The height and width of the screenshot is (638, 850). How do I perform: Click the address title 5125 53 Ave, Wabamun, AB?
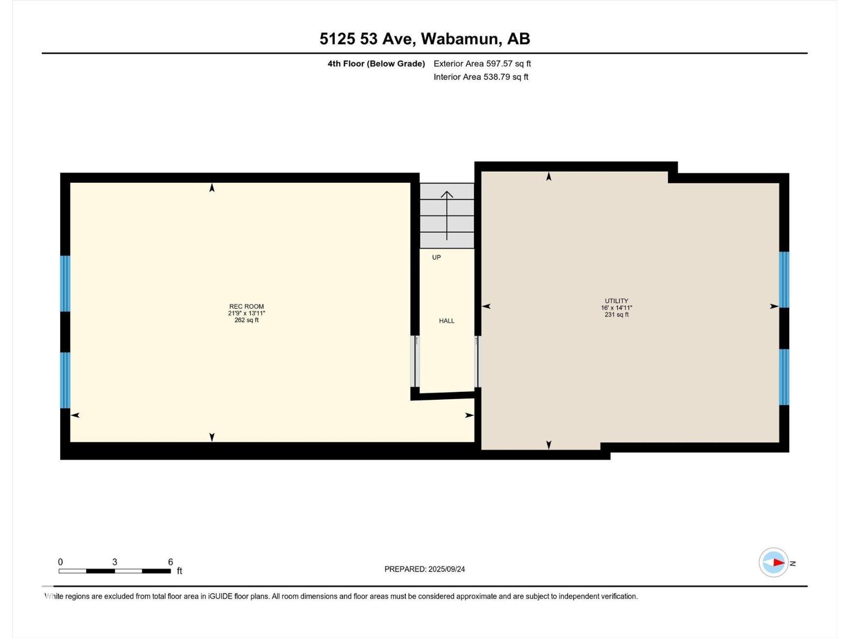point(424,39)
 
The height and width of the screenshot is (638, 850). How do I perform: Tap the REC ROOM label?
point(246,306)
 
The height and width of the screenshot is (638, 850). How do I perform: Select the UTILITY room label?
point(616,301)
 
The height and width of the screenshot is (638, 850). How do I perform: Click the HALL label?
point(446,321)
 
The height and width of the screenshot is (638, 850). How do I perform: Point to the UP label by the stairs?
point(437,257)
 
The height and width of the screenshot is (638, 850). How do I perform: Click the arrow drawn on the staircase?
point(447,215)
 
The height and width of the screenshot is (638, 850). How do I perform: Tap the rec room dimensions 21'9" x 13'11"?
point(246,313)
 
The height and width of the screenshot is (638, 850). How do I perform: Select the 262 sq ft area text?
point(246,321)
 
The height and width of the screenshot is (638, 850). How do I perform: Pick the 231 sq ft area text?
point(616,315)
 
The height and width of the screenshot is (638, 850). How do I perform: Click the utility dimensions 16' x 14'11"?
point(616,308)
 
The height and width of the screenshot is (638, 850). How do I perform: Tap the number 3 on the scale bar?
point(115,562)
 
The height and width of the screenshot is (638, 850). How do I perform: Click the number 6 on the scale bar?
point(171,562)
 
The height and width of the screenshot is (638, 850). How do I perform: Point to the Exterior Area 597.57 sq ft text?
point(482,63)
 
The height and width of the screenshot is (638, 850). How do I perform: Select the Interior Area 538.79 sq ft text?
point(481,77)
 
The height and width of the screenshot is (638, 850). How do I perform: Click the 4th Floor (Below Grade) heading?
point(376,63)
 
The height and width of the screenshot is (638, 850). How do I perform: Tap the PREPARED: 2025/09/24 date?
point(424,569)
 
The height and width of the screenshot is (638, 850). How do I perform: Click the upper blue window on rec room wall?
point(65,283)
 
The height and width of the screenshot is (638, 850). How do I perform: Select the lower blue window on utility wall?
point(784,377)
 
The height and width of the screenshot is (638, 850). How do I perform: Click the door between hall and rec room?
point(415,361)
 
